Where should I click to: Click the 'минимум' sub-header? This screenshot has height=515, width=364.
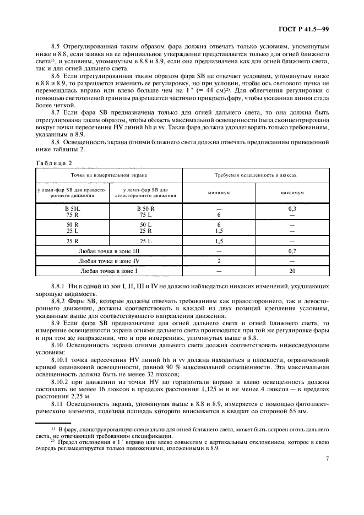219,193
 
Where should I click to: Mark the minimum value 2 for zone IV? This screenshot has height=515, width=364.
219,261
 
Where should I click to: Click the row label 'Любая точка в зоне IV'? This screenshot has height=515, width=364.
110,261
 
